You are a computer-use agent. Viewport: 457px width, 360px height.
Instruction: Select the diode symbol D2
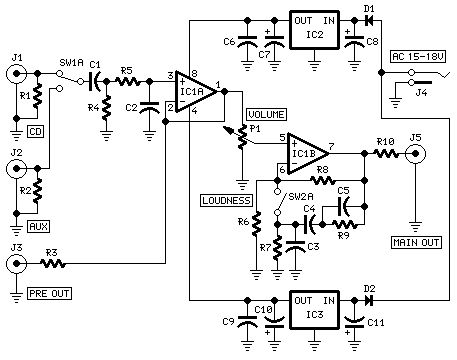(x=369, y=298)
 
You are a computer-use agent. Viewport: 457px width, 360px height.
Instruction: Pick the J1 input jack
(x=16, y=71)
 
